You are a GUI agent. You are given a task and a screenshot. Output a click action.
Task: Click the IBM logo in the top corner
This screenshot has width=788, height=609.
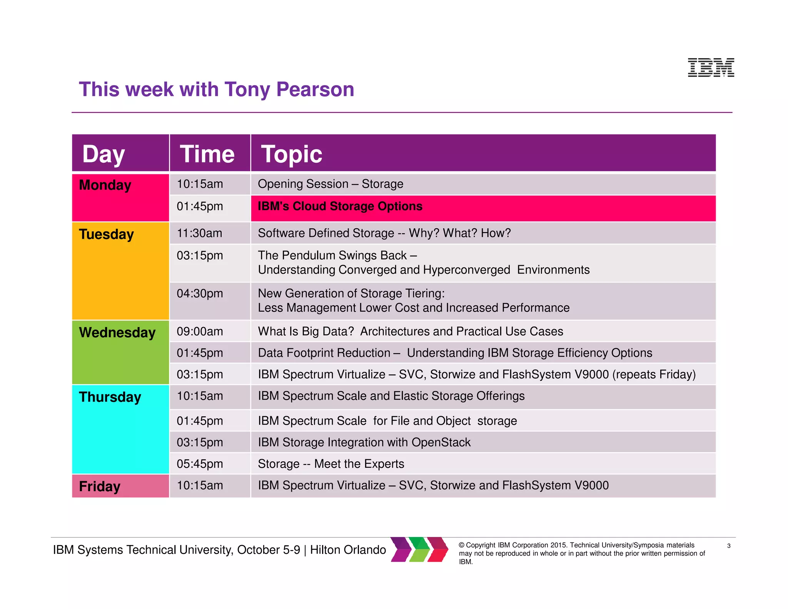coord(711,67)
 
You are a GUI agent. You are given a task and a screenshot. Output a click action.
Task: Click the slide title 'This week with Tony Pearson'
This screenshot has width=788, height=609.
coord(216,89)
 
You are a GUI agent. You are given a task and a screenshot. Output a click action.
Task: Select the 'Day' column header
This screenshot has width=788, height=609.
coord(104,154)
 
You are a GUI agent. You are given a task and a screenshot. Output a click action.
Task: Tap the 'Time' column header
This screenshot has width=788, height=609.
coord(207,154)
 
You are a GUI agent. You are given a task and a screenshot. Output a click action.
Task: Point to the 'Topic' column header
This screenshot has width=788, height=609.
coord(292,154)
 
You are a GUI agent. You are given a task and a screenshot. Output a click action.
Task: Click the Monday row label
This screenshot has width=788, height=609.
coord(105,185)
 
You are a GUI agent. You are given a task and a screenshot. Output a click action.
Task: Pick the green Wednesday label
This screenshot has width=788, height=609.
coord(117,333)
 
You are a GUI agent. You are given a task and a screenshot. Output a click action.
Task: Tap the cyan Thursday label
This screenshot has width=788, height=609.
coord(110,397)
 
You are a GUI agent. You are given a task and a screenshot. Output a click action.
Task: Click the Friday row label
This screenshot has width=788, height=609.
coord(100,486)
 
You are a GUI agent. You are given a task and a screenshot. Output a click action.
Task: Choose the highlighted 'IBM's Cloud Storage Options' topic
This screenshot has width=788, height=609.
coord(340,206)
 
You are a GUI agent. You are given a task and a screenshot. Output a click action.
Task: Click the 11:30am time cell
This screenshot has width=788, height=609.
coord(199,233)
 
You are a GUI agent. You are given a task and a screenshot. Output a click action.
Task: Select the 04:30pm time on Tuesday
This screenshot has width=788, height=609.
coord(200,294)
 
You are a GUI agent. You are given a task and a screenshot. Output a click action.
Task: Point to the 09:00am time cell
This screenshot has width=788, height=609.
coord(200,331)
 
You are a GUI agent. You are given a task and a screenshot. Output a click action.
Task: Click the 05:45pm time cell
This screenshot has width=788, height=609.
coord(200,464)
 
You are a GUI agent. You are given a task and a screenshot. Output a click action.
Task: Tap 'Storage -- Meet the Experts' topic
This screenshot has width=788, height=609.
coord(331,464)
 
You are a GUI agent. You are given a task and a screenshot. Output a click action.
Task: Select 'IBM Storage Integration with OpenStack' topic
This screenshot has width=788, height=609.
coord(364,442)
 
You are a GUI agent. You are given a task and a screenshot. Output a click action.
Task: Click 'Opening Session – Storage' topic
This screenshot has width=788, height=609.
coord(330,184)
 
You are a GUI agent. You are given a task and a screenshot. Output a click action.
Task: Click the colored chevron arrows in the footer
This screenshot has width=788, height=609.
coord(419,549)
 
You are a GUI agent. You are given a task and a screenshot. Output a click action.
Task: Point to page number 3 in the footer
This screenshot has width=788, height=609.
coord(728,546)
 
